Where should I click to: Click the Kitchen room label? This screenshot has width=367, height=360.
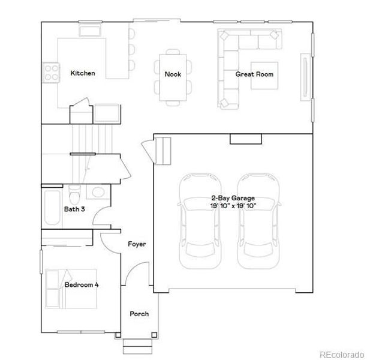point(82,73)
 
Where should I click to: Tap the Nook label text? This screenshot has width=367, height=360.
point(173,74)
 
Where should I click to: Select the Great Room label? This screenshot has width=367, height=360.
point(254,74)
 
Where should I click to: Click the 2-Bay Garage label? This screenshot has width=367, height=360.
point(232,198)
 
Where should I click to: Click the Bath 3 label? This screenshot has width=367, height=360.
point(74,209)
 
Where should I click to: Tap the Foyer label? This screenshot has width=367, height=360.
point(137,244)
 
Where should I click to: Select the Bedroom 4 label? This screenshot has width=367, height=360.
point(82,284)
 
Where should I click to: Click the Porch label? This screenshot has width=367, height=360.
point(139,314)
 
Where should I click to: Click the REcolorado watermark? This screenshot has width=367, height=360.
point(340,353)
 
